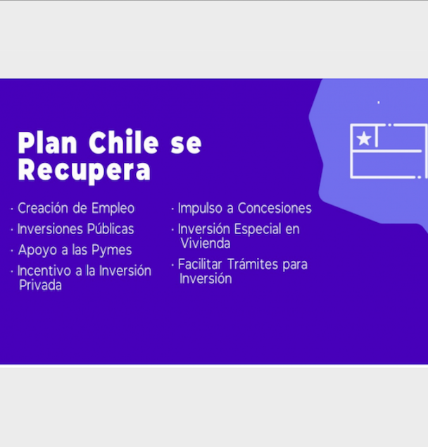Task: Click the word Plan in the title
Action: tap(47, 142)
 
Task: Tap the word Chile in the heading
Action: tap(123, 142)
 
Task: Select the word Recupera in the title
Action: tap(84, 171)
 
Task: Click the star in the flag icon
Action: tap(364, 138)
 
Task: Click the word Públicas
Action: tap(111, 228)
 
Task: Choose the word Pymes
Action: tap(111, 250)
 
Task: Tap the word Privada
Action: tap(40, 285)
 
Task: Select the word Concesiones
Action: tap(275, 208)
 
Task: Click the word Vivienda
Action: tap(206, 243)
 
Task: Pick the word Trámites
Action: tap(253, 264)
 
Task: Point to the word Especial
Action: tap(258, 230)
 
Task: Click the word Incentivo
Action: tap(44, 271)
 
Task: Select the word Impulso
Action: tap(200, 209)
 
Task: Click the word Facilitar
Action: tap(200, 264)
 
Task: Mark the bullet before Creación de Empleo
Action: tap(12, 209)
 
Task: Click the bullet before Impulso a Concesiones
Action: tap(172, 209)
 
